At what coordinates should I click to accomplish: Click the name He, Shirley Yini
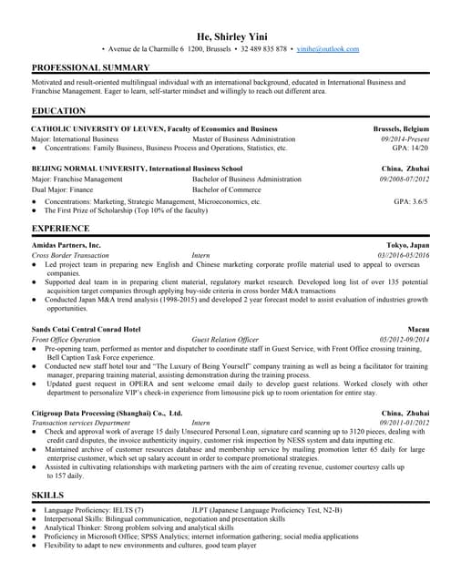coord(225,34)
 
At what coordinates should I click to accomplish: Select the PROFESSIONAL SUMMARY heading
coord(90,68)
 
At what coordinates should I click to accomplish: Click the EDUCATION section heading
coord(59,111)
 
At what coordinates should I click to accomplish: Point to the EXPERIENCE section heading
coord(60,228)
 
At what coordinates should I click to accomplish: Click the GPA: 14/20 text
coord(410,148)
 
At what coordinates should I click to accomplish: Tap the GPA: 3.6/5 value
coord(410,201)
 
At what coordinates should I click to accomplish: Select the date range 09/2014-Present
coord(405,138)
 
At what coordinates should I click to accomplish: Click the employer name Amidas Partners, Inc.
coord(66,246)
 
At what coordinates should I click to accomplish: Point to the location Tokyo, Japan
coord(407,246)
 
